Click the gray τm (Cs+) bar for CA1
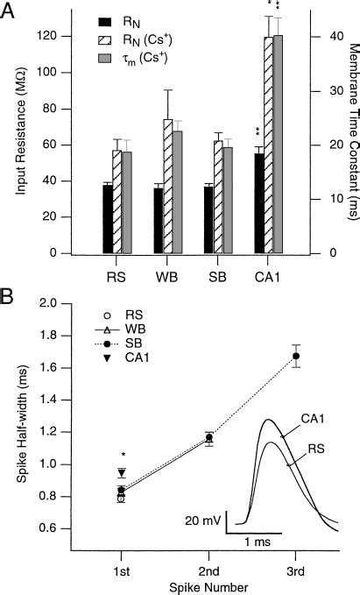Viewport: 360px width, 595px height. pyautogui.click(x=279, y=145)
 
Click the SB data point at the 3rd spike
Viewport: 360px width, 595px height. pyautogui.click(x=296, y=356)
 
